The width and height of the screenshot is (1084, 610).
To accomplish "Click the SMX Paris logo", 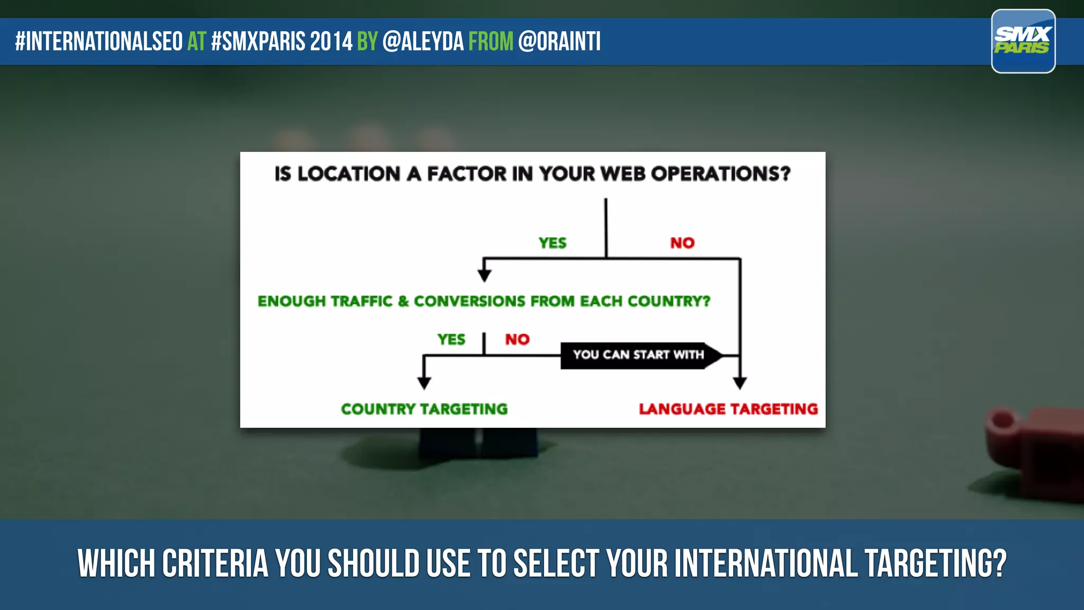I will (x=1023, y=41).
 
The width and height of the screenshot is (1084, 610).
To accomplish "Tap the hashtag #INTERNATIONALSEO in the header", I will (x=99, y=41).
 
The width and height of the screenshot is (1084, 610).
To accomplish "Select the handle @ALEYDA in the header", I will (x=422, y=41).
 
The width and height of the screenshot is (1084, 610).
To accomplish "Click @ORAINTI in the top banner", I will (x=559, y=41).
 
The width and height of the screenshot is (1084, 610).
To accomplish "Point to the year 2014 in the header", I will (x=331, y=41).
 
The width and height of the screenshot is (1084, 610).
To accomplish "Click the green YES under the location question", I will (x=552, y=243).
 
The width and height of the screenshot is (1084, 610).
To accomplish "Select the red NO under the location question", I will (x=682, y=243).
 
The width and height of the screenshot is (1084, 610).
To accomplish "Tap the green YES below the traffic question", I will (x=451, y=339).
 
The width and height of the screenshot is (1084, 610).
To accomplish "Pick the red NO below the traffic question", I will (x=517, y=339).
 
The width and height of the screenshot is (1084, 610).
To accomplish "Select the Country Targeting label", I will (x=424, y=409).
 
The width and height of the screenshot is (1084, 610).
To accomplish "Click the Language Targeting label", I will (x=728, y=409).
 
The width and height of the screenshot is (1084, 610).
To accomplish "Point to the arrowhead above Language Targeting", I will (x=739, y=383).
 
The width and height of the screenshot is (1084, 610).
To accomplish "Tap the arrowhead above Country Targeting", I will (x=424, y=382).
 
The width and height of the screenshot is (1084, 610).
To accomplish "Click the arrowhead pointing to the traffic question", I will (x=484, y=275).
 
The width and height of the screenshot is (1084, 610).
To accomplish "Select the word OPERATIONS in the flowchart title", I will (x=720, y=174).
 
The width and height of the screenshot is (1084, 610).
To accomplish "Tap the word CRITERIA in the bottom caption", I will (x=215, y=563).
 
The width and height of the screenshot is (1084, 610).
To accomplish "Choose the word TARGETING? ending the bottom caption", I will (x=935, y=563).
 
